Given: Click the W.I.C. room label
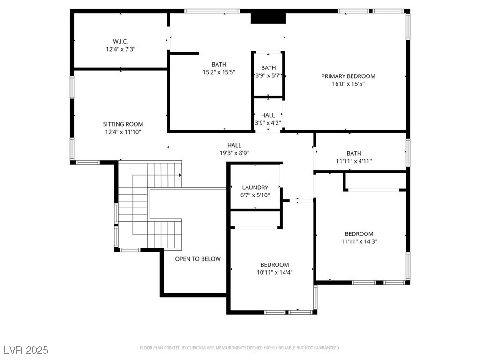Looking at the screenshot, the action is tap(120, 41).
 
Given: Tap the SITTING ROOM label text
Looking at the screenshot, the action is tap(123, 124).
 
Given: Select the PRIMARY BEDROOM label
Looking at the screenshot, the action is tap(348, 76).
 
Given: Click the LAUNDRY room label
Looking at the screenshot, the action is tap(255, 187).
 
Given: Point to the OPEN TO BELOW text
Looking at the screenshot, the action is tap(198, 259).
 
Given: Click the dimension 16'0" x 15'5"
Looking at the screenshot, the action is tap(348, 84).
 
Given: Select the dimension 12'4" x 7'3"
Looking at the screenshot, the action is tap(120, 49).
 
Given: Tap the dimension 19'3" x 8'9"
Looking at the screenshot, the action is tap(234, 153).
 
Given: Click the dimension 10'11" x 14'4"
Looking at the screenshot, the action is tap(275, 272).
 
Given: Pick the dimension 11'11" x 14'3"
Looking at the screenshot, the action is tap(359, 241).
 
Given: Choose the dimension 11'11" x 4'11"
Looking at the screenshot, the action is tap(354, 161).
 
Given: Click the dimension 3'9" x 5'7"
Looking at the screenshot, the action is tap(268, 75).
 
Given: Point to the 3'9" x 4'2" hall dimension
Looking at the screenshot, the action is tap(268, 123).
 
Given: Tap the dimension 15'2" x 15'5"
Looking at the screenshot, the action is tap(219, 72).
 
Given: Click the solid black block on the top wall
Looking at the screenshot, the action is tap(269, 18).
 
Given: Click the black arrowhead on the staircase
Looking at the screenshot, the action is tap(180, 175).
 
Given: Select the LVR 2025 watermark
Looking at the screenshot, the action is tap(26, 350).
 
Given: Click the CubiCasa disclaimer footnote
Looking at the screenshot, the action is tap(240, 348).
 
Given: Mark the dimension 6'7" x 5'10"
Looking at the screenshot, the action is tap(255, 195).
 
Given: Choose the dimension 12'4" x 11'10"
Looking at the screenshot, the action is tap(123, 132).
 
